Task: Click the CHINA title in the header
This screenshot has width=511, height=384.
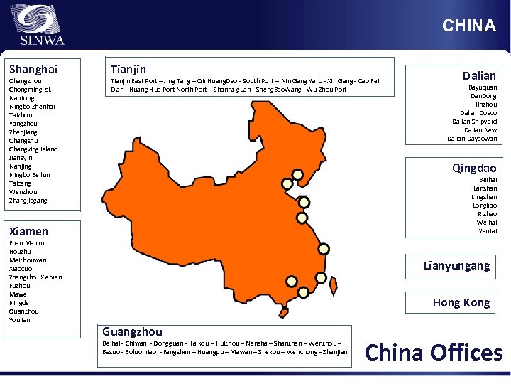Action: (x=468, y=26)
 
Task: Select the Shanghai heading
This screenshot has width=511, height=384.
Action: (x=33, y=69)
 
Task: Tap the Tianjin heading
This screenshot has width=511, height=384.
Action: (x=128, y=69)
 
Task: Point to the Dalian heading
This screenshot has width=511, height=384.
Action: (x=479, y=75)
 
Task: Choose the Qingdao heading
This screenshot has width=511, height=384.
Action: (x=474, y=169)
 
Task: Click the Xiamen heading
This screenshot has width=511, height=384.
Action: (x=28, y=231)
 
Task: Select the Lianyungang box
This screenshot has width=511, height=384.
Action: (x=456, y=266)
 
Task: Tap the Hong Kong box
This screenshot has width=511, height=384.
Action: (x=461, y=303)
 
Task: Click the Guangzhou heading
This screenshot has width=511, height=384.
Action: (x=133, y=331)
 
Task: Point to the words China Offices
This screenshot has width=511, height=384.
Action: (x=433, y=353)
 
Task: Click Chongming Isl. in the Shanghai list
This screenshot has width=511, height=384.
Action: (x=29, y=90)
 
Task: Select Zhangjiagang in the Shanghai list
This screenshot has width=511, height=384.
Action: (x=28, y=201)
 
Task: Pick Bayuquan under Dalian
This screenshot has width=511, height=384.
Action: (x=483, y=87)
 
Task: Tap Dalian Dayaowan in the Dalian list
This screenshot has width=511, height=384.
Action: (x=472, y=139)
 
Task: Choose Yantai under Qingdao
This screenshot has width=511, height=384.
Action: (x=488, y=231)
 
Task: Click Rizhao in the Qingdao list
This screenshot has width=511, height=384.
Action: (x=488, y=214)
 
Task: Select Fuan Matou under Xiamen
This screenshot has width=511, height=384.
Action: (x=26, y=243)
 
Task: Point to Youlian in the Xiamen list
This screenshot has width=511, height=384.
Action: (x=20, y=320)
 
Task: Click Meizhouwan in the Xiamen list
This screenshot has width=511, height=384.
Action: (x=28, y=260)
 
